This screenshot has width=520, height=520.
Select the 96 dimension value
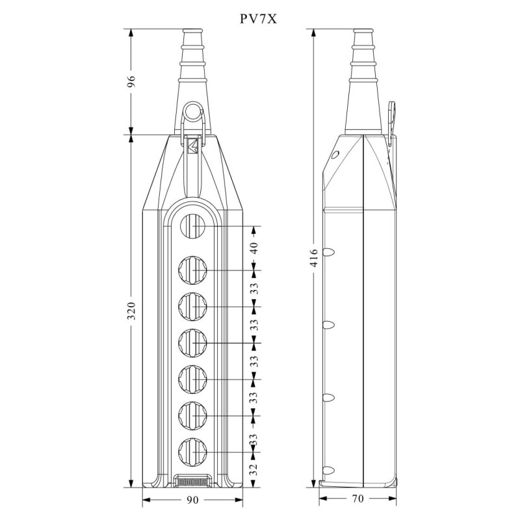(x=131, y=81)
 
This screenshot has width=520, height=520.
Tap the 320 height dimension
(x=131, y=310)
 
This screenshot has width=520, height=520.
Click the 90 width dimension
(x=193, y=500)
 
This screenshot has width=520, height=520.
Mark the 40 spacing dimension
(x=254, y=248)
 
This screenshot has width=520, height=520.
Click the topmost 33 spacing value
(x=254, y=287)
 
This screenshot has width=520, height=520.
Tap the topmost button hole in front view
(x=193, y=226)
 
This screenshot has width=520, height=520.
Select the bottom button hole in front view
(x=193, y=451)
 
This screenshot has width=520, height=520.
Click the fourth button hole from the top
(x=193, y=343)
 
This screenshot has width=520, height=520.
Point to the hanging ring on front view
(x=193, y=111)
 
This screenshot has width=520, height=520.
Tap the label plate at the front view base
(x=193, y=482)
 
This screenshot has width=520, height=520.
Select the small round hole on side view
(x=335, y=155)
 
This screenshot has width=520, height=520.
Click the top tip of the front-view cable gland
(x=193, y=31)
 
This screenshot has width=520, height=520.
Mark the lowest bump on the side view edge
(x=330, y=469)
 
